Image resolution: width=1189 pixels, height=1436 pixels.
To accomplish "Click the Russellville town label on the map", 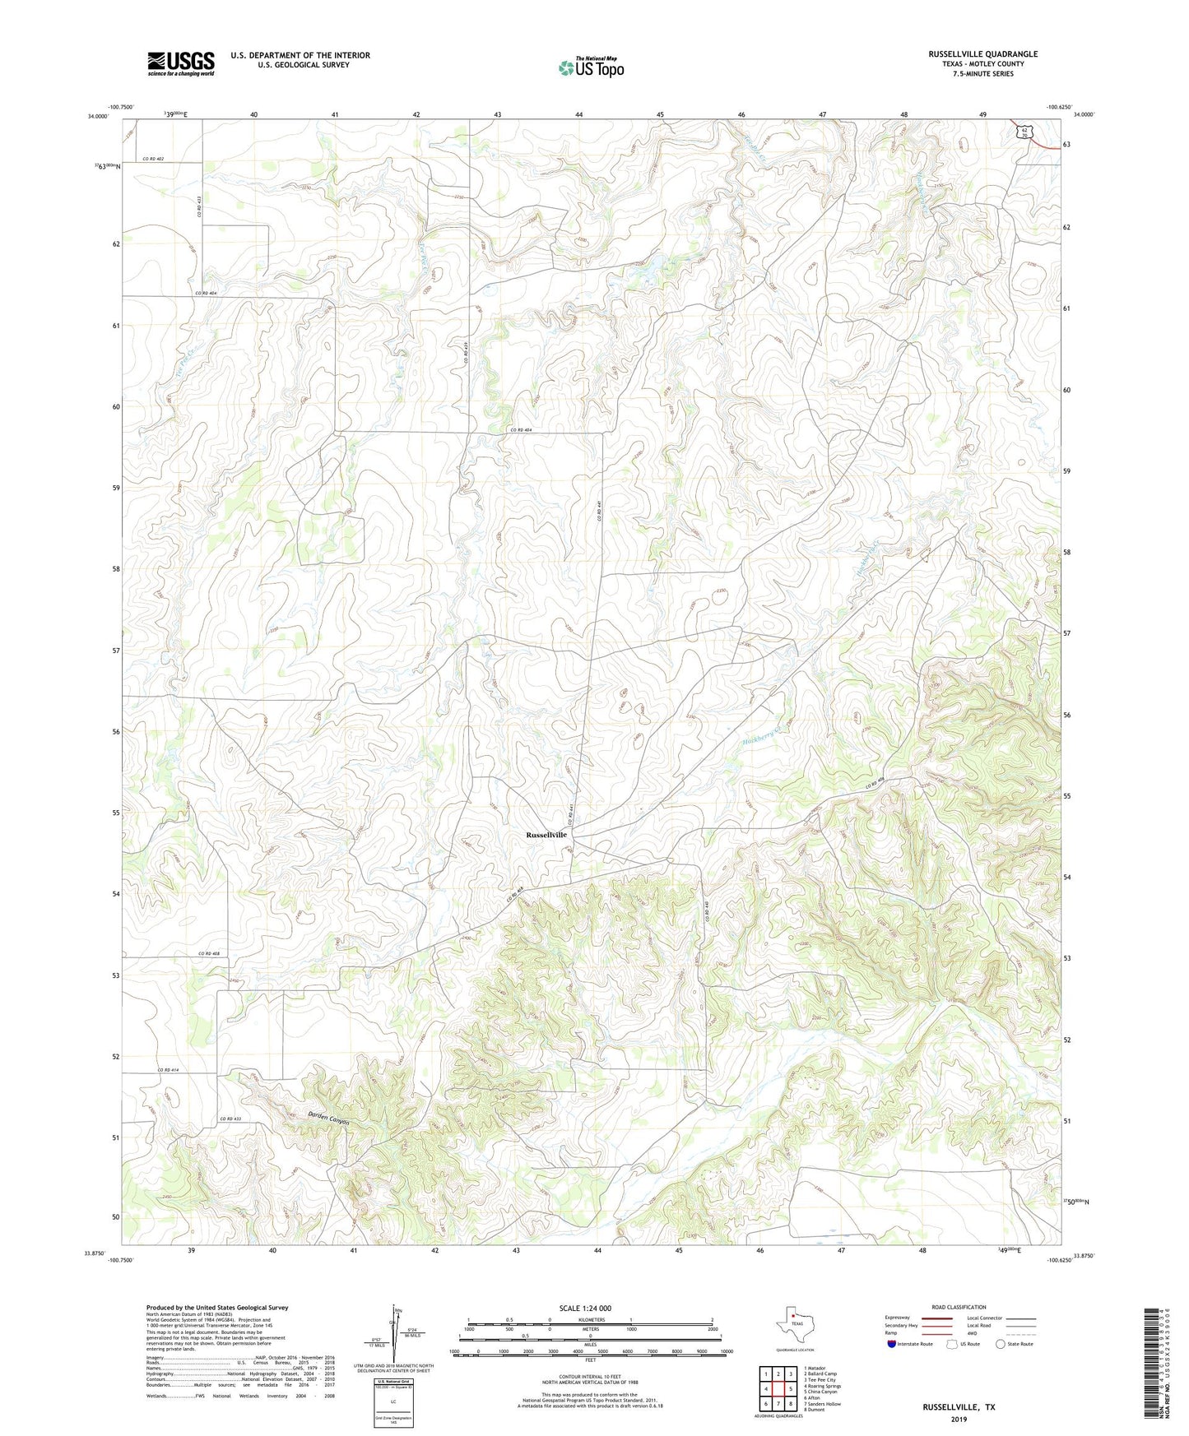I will [x=546, y=834].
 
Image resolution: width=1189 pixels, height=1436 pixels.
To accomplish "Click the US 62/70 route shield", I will [x=1021, y=132].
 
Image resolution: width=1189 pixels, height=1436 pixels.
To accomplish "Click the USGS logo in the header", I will [x=181, y=63].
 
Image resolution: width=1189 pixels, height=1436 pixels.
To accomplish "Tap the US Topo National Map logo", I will [x=590, y=67].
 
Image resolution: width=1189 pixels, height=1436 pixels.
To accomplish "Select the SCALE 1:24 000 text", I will [x=585, y=1308].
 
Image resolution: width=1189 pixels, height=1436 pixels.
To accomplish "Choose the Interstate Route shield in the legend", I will [x=892, y=1343].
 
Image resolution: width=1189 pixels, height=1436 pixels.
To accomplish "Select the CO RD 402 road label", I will [x=154, y=159].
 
